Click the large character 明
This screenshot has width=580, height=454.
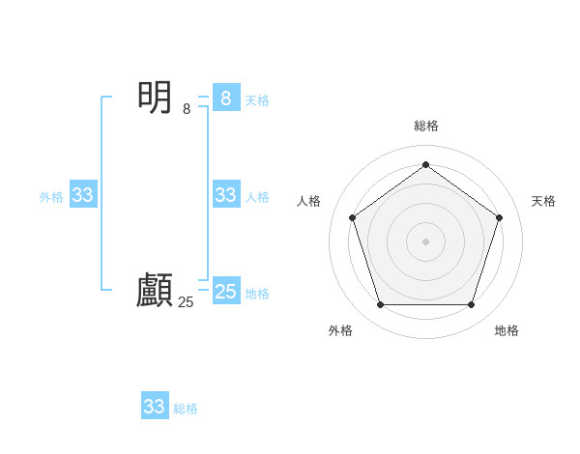click(x=155, y=98)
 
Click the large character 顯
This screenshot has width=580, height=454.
click(x=155, y=290)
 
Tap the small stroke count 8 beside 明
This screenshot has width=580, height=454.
click(x=187, y=109)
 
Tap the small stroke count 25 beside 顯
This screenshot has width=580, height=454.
click(x=186, y=301)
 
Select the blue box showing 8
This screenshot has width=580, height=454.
click(x=225, y=98)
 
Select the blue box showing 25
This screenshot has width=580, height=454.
click(x=225, y=292)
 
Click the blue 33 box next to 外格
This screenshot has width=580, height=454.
click(x=83, y=195)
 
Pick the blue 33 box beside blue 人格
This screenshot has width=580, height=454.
click(x=225, y=195)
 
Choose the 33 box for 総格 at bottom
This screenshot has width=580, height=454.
click(x=155, y=407)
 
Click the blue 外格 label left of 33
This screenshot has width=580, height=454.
click(x=51, y=197)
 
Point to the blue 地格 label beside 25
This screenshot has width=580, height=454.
click(x=257, y=294)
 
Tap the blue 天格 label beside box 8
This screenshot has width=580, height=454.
click(x=257, y=99)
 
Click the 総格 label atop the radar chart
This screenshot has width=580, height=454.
click(x=425, y=126)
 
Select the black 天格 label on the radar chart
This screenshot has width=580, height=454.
click(x=543, y=201)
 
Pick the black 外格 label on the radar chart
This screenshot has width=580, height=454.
click(x=340, y=330)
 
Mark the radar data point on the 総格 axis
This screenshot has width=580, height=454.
click(x=425, y=164)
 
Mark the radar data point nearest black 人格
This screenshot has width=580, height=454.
click(x=352, y=217)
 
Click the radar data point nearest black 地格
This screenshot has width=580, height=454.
click(x=471, y=304)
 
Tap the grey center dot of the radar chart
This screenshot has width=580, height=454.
click(x=425, y=241)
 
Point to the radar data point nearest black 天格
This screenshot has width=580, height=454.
click(x=499, y=217)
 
